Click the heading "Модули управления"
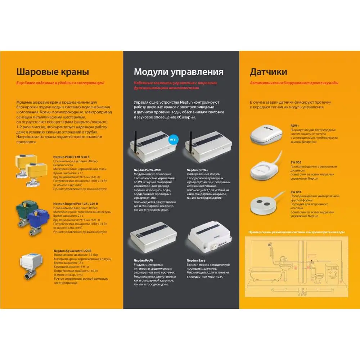[179, 71]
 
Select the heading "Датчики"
[269, 71]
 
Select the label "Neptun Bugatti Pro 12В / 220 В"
[75, 204]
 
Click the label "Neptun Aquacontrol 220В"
[72, 251]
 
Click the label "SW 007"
[296, 192]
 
